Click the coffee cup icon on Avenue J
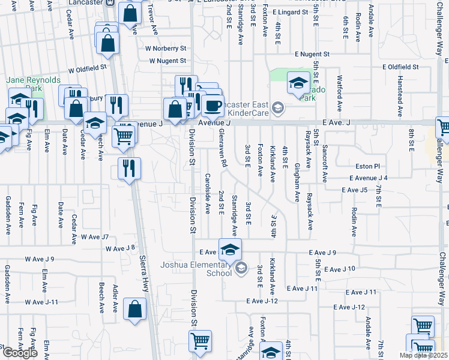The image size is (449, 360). (x=212, y=106)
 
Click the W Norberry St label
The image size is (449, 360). (x=166, y=48)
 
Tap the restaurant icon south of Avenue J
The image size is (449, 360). (x=128, y=169)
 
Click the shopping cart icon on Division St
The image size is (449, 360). (x=200, y=341)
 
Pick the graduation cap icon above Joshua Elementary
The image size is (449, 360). (x=230, y=250)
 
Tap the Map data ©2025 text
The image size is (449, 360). (x=424, y=355)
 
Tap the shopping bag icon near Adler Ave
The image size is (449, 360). (x=134, y=310)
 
